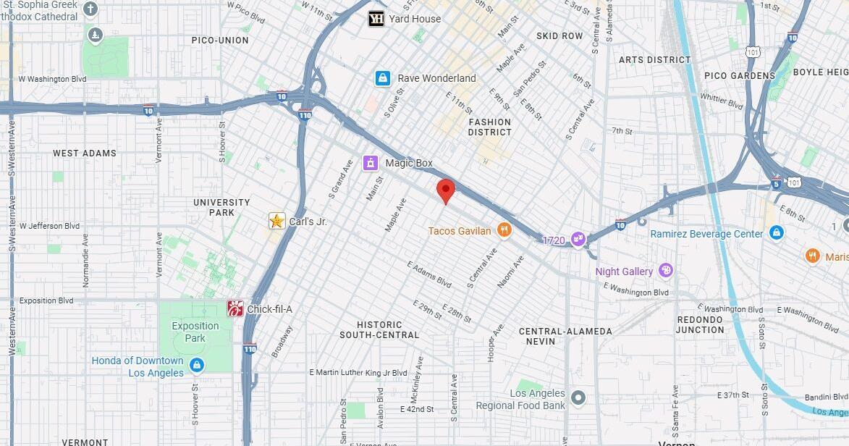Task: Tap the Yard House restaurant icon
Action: pos(376,19)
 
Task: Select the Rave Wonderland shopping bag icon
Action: pos(383,78)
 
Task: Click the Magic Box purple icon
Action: pos(371,163)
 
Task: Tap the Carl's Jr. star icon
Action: pos(276,221)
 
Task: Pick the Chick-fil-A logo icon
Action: pos(235,309)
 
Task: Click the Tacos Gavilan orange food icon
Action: pos(504,231)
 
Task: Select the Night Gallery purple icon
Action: pos(665,272)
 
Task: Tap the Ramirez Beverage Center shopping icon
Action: pos(777,233)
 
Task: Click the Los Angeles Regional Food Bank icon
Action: pos(578,397)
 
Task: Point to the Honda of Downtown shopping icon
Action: pos(195,366)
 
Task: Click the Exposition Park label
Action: pos(195,332)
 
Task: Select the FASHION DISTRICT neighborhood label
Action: pos(490,127)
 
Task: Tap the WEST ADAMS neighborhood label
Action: pos(85,153)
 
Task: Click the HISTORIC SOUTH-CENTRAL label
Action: pos(379,329)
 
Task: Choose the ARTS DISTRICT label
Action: pos(654,59)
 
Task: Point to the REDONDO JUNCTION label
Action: pos(700,324)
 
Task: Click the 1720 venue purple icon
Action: pos(578,239)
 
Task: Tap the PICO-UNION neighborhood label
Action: pos(220,40)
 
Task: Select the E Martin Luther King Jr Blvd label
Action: pos(358,373)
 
